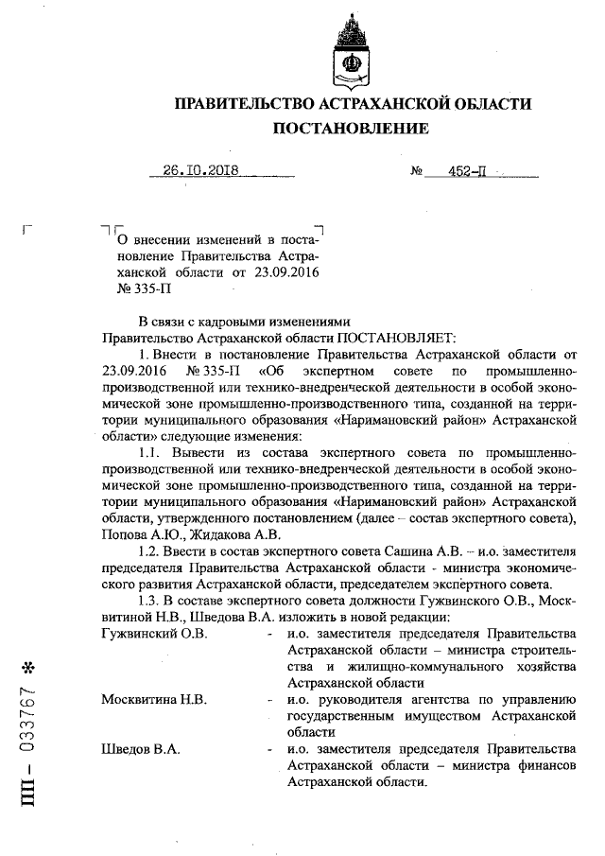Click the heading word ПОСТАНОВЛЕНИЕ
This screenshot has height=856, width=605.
350,128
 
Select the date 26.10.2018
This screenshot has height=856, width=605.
200,171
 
